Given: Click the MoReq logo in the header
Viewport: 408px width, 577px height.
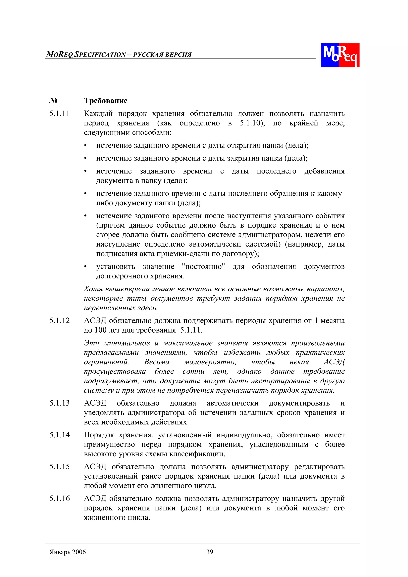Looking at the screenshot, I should [340, 55].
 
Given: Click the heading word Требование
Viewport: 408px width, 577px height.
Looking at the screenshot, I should [106, 101].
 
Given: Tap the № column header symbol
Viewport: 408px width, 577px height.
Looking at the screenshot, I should [54, 101].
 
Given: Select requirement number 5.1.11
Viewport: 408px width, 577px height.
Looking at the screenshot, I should [59, 114].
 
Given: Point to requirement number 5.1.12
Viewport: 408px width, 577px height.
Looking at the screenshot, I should [59, 321].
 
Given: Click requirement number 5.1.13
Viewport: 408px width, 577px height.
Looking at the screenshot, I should [59, 403].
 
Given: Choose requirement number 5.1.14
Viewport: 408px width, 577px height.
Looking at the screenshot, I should [59, 435].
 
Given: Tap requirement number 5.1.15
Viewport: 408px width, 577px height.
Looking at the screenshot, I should [59, 467].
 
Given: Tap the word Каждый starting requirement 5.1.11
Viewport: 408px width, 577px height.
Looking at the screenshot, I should [98, 114].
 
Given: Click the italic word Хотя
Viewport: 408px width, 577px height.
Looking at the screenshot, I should [93, 289].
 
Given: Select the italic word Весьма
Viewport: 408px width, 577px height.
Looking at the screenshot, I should [157, 362].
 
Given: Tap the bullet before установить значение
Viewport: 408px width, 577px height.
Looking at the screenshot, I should [85, 267].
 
